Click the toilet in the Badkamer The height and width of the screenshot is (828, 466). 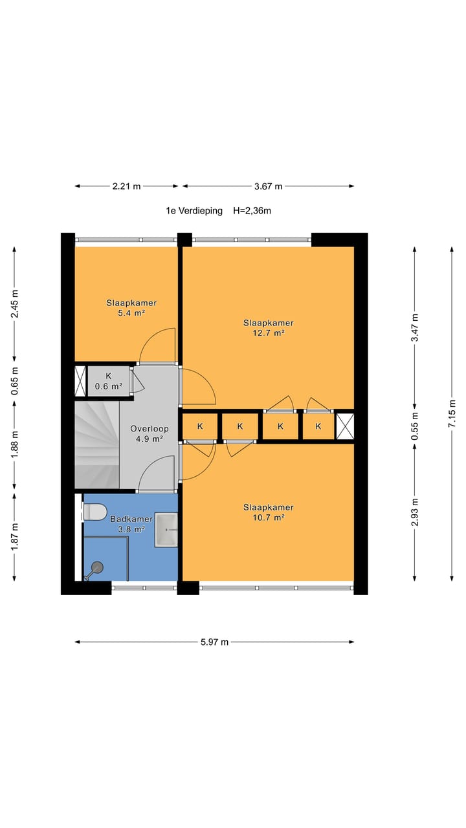tap(95, 512)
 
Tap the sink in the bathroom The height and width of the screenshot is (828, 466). tap(166, 530)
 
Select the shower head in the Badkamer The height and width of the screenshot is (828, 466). tap(94, 570)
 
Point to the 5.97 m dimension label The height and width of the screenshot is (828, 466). tap(214, 642)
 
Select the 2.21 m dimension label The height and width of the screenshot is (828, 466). tap(126, 186)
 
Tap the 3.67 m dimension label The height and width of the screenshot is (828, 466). tap(268, 186)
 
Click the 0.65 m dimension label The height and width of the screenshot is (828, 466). tap(14, 381)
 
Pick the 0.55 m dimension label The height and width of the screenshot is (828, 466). tap(415, 426)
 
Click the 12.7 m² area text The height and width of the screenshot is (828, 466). tap(268, 333)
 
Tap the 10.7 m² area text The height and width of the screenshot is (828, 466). tap(268, 517)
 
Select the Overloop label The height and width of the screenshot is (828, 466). tap(150, 429)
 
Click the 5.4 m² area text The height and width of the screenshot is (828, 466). tap(131, 313)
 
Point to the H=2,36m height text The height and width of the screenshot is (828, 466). tap(252, 211)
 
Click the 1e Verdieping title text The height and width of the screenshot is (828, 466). tap(194, 211)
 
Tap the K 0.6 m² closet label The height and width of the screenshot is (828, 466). tap(108, 381)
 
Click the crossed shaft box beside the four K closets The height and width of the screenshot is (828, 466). tap(345, 426)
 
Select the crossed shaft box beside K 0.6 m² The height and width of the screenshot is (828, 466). tap(80, 381)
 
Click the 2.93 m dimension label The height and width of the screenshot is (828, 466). tap(415, 512)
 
